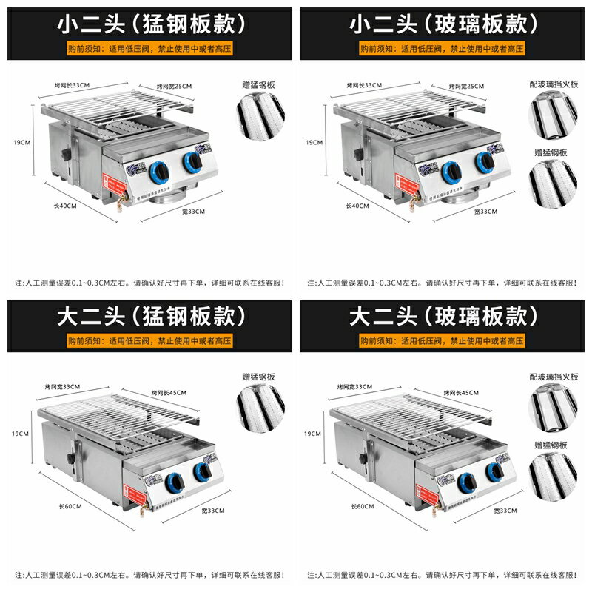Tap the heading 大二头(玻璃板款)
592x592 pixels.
coord(442,317)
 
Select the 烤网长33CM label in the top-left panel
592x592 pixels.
coord(72,85)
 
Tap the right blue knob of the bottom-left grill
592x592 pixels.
coord(201,470)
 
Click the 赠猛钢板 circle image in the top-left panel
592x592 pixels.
coord(259,115)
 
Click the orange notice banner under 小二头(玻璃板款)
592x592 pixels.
coord(442,48)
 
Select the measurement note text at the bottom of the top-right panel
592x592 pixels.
coord(442,283)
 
